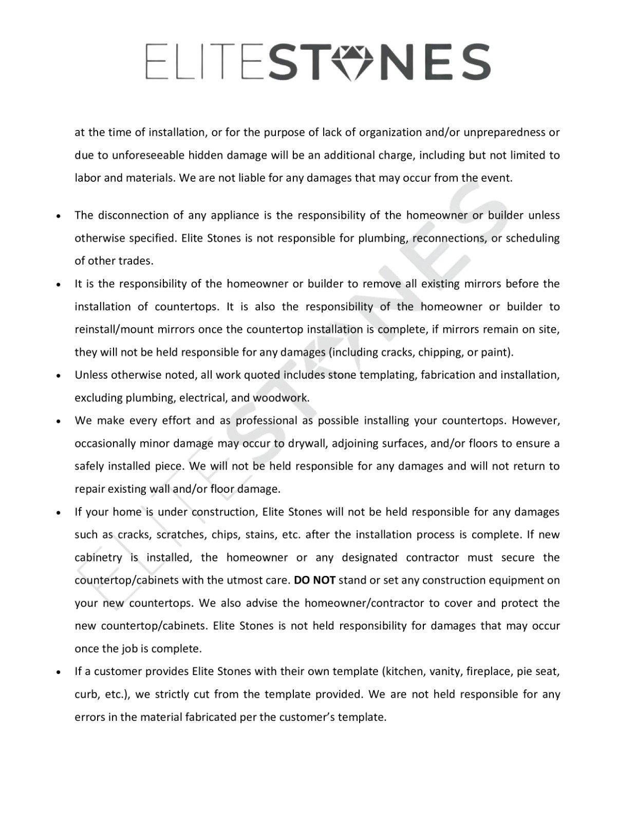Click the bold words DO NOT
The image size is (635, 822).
click(314, 581)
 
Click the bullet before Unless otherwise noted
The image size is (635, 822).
click(60, 376)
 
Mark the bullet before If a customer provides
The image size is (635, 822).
click(60, 672)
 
